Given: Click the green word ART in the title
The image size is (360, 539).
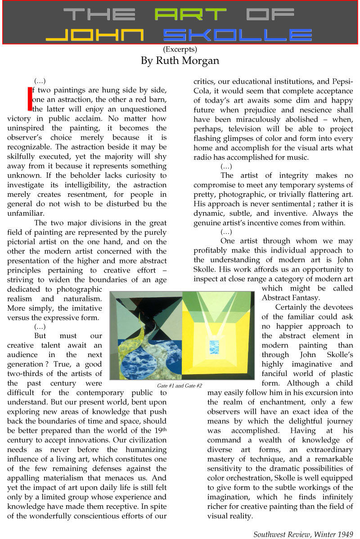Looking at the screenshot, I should click(x=189, y=14).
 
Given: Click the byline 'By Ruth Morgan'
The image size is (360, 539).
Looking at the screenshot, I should click(x=180, y=60).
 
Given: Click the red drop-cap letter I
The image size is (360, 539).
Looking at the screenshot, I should click(x=30, y=99).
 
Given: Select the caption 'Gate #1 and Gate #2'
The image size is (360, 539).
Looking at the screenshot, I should click(x=180, y=386).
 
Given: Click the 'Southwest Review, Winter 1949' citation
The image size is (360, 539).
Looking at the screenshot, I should click(x=303, y=534).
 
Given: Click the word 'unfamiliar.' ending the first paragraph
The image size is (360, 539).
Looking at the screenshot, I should click(x=27, y=213).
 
